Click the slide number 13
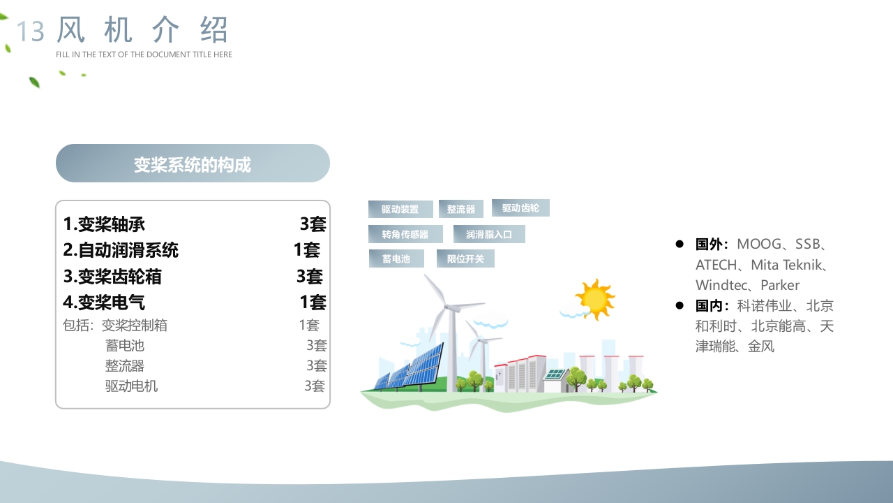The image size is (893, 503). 30,31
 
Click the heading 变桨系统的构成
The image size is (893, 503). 193,164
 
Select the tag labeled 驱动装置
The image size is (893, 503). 400,210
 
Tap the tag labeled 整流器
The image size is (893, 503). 461,210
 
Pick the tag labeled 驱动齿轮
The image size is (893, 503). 520,208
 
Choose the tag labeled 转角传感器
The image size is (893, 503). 405,234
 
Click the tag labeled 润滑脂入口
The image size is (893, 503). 489,234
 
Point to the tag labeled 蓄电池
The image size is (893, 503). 396,258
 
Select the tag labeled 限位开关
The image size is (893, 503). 465,258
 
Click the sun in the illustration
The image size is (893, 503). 595,299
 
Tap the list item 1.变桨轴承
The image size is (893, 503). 105,224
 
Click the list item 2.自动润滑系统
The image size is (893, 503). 121,250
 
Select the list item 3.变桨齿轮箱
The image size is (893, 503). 113,277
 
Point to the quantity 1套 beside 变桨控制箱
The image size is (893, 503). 309,325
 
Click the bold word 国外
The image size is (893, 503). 710,245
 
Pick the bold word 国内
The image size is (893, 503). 710,306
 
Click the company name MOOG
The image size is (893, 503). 760,245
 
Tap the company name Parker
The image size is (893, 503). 780,285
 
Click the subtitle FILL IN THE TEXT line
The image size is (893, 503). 144,54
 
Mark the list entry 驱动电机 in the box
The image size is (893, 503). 132,386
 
